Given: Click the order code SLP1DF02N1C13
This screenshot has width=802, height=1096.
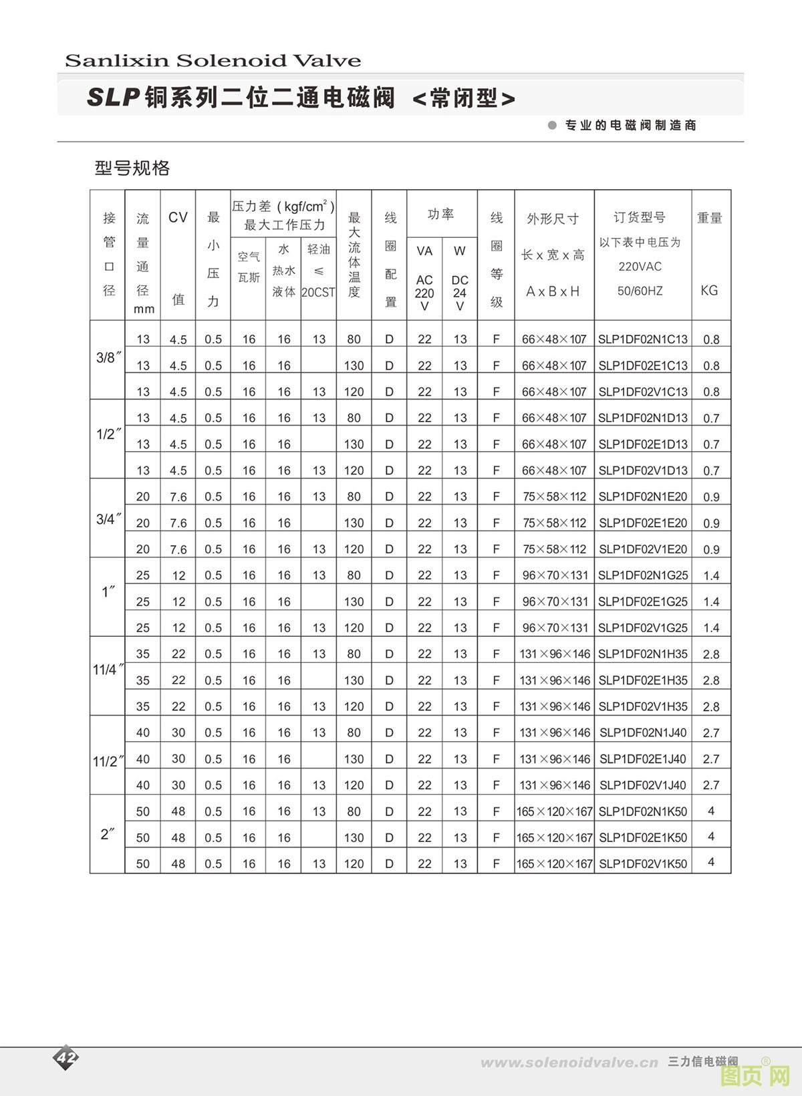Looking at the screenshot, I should coord(642,339).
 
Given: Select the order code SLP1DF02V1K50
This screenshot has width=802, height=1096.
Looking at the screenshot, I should coord(642,863).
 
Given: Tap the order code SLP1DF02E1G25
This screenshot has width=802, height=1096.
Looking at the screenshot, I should coord(642,601).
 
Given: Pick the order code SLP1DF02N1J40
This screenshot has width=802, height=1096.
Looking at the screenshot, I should coord(642,732).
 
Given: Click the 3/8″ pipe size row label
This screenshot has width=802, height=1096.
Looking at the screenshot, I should coord(108,358).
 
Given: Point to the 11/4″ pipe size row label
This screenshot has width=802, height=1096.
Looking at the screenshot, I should coord(108,670).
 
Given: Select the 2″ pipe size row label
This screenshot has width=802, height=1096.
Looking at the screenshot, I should coord(108,834).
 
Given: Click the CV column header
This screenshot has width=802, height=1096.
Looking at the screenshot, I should coord(178,217).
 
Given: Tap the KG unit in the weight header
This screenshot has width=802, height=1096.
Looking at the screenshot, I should coord(709,290).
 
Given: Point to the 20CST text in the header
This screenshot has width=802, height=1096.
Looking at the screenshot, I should coord(318,292).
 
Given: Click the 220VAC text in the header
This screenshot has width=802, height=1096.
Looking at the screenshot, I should coord(640,266).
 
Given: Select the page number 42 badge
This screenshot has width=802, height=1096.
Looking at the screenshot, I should coord(66,1057).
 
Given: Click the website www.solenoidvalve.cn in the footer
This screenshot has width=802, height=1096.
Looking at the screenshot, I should coord(569,1063).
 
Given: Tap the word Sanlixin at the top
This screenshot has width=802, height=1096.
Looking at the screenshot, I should coord(117,61).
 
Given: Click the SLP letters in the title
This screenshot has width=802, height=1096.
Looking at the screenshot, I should coord(113,98).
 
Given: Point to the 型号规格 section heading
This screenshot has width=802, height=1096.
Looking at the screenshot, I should coord(132,168).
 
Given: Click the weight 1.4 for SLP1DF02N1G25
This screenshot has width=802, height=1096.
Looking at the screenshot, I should coord(711,575).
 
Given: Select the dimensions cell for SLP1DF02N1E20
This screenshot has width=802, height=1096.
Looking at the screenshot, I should coord(554,497).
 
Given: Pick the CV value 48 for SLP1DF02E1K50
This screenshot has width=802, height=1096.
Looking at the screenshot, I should coord(178,837).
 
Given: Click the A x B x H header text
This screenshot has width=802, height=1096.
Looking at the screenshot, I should coord(553,291).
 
